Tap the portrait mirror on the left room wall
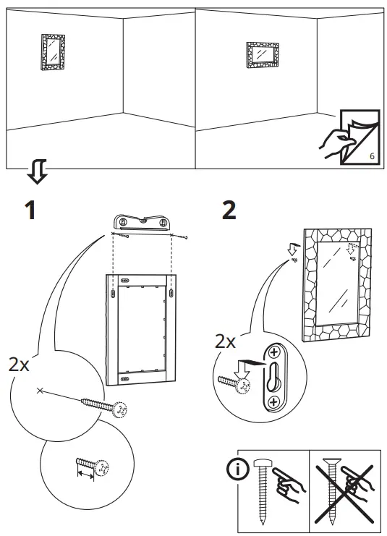coord(51,53)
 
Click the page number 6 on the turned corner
coord(371,156)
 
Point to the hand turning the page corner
coord(334,141)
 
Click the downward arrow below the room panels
coord(37,173)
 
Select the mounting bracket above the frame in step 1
coord(143,222)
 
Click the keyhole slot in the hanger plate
coord(274,378)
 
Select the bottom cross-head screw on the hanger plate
coord(274,401)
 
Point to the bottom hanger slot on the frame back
coord(125,376)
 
